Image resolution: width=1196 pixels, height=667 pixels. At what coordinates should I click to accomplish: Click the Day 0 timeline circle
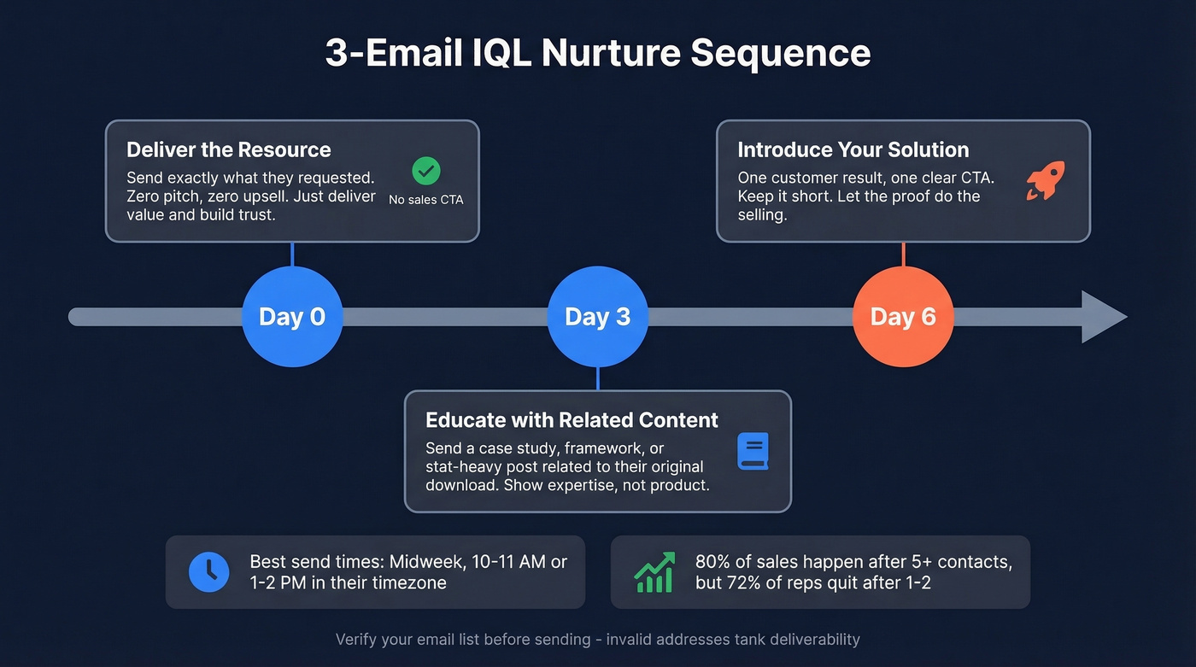pyautogui.click(x=292, y=317)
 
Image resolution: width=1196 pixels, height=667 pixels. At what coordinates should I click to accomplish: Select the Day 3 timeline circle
pyautogui.click(x=597, y=317)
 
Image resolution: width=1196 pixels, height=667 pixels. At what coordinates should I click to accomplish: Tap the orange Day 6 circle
pyautogui.click(x=903, y=317)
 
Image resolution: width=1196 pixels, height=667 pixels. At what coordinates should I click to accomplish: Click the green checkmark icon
pyautogui.click(x=425, y=171)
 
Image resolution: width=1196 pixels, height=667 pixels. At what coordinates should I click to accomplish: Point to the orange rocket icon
pyautogui.click(x=1045, y=181)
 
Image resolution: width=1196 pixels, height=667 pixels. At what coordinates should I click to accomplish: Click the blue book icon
pyautogui.click(x=753, y=451)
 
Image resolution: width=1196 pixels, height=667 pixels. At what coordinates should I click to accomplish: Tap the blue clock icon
pyautogui.click(x=208, y=571)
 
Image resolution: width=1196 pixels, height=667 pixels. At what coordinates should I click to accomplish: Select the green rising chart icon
pyautogui.click(x=654, y=571)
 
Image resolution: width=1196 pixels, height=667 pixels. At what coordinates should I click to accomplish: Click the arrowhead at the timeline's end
pyautogui.click(x=1104, y=317)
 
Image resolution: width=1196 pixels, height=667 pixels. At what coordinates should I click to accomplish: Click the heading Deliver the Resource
pyautogui.click(x=228, y=149)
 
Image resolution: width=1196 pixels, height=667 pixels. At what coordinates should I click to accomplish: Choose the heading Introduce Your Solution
pyautogui.click(x=853, y=149)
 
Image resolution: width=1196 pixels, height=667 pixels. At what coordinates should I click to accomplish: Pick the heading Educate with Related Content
pyautogui.click(x=572, y=419)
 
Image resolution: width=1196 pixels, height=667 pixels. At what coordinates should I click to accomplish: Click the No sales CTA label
pyautogui.click(x=425, y=200)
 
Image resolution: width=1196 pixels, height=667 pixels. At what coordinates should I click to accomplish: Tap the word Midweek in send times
pyautogui.click(x=422, y=561)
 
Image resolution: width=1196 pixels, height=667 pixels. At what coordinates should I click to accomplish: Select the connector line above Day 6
pyautogui.click(x=903, y=254)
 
